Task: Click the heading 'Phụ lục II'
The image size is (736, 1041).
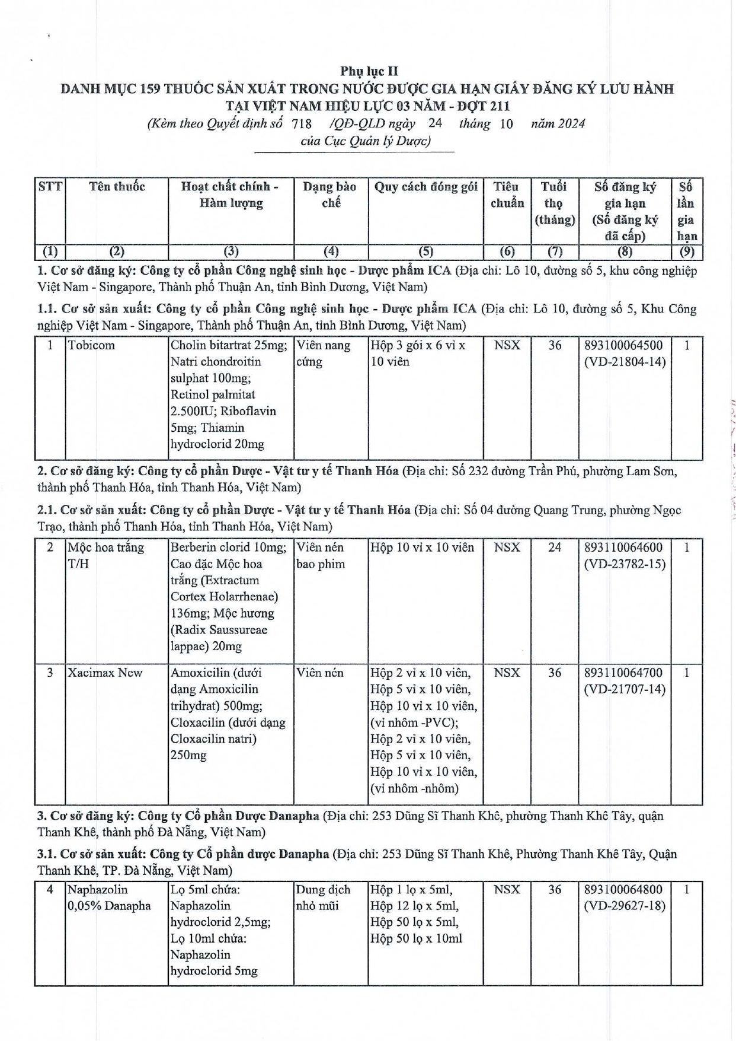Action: point(369,71)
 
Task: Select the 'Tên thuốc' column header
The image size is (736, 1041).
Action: point(117,187)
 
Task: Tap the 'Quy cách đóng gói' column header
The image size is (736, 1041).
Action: point(425,187)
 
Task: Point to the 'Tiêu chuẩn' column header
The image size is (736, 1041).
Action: point(507,195)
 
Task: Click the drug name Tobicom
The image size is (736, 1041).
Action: point(91,345)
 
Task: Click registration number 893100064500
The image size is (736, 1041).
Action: point(623,345)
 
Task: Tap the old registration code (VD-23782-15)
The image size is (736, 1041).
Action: point(625,564)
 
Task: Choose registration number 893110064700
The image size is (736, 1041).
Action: point(623,673)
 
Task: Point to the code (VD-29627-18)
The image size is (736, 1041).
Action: point(625,906)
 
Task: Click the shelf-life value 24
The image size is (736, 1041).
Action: point(554,547)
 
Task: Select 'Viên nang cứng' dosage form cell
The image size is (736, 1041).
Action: point(323,354)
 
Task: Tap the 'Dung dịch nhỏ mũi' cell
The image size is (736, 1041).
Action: point(323,897)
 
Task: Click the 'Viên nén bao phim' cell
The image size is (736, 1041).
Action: point(321,555)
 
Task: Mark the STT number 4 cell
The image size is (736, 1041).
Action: point(50,889)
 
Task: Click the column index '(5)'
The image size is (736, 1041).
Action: point(425,252)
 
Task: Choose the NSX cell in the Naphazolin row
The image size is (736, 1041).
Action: point(507,889)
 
